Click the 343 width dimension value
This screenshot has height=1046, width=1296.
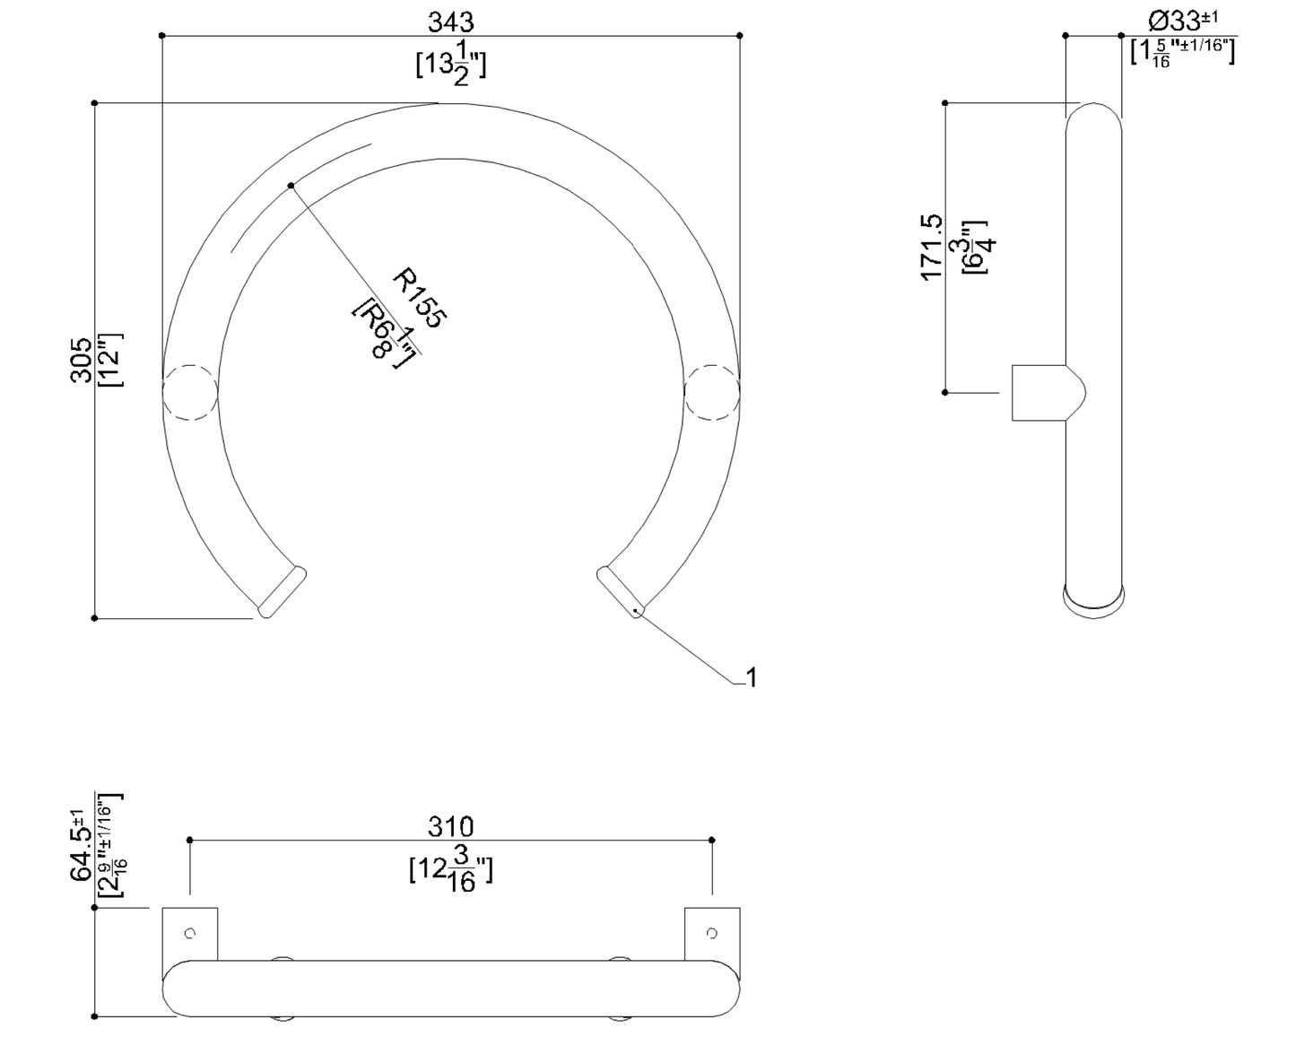pyautogui.click(x=450, y=21)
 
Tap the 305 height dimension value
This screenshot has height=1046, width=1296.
pyautogui.click(x=82, y=360)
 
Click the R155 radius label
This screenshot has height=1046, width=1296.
pyautogui.click(x=420, y=298)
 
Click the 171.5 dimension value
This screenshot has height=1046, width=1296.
pyautogui.click(x=932, y=247)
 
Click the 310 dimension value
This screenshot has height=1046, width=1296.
pyautogui.click(x=450, y=826)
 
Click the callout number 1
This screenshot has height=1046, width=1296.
pyautogui.click(x=752, y=678)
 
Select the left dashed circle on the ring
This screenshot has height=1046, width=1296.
pyautogui.click(x=190, y=392)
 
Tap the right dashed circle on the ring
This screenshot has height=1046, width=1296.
pyautogui.click(x=712, y=392)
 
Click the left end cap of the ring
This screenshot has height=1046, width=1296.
pyautogui.click(x=283, y=592)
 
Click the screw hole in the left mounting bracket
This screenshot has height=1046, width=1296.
pyautogui.click(x=190, y=934)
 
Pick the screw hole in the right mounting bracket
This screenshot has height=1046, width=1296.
pyautogui.click(x=712, y=934)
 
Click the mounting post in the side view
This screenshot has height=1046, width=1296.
pyautogui.click(x=1040, y=393)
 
